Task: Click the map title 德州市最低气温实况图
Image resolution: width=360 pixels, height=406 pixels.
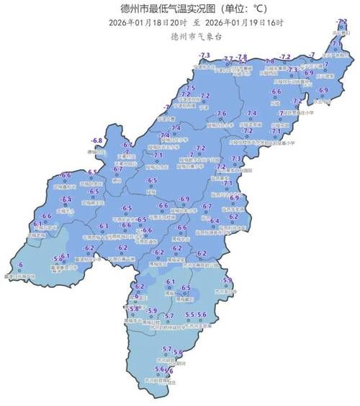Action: point(156,9)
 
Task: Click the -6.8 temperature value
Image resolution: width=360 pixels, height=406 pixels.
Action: point(96,140)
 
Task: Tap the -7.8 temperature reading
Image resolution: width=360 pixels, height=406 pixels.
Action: point(242,57)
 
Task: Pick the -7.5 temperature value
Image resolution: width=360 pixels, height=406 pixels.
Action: point(191,88)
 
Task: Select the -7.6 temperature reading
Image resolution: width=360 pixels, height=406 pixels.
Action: point(222,113)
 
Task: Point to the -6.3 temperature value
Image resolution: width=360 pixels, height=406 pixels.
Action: point(104,225)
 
